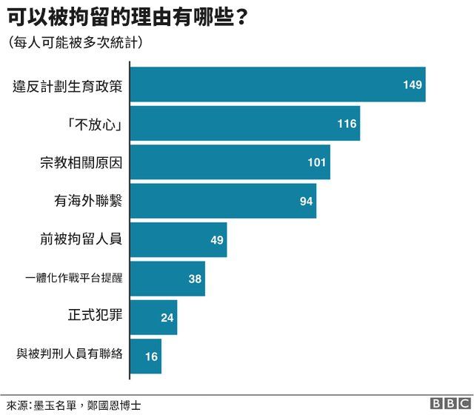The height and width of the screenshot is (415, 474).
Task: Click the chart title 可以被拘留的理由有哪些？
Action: point(127,16)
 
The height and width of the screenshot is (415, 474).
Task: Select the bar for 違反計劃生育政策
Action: point(277,84)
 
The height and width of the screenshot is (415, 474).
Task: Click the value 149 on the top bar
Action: point(412,84)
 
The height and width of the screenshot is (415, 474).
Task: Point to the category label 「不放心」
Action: point(94,123)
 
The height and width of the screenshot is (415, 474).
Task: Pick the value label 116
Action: point(347,123)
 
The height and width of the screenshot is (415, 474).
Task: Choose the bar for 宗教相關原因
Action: point(230,162)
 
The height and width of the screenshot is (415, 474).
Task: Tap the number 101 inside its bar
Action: point(317,162)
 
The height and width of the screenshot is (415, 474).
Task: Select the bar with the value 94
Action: point(222,201)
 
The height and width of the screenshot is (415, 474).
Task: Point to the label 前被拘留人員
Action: point(81,239)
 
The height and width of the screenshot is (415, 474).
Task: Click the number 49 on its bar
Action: point(216,239)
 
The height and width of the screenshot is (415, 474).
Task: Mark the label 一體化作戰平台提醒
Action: point(73,279)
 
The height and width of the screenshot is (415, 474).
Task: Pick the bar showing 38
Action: point(167,279)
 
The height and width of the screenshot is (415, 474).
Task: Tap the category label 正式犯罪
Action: point(94,317)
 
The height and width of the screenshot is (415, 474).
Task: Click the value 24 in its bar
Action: point(167,317)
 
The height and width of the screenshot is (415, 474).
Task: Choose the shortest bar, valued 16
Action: point(145,356)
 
